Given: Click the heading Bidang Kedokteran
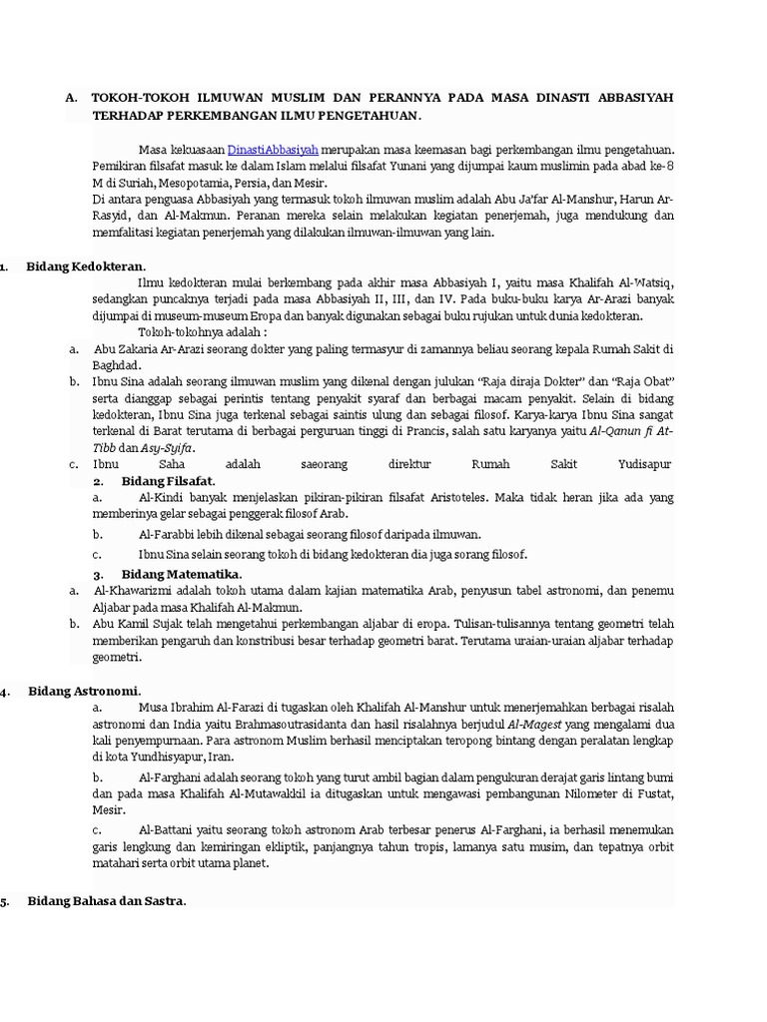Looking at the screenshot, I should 86,266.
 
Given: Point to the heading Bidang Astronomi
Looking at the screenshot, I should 84,691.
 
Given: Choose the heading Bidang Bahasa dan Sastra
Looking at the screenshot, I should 106,901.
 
